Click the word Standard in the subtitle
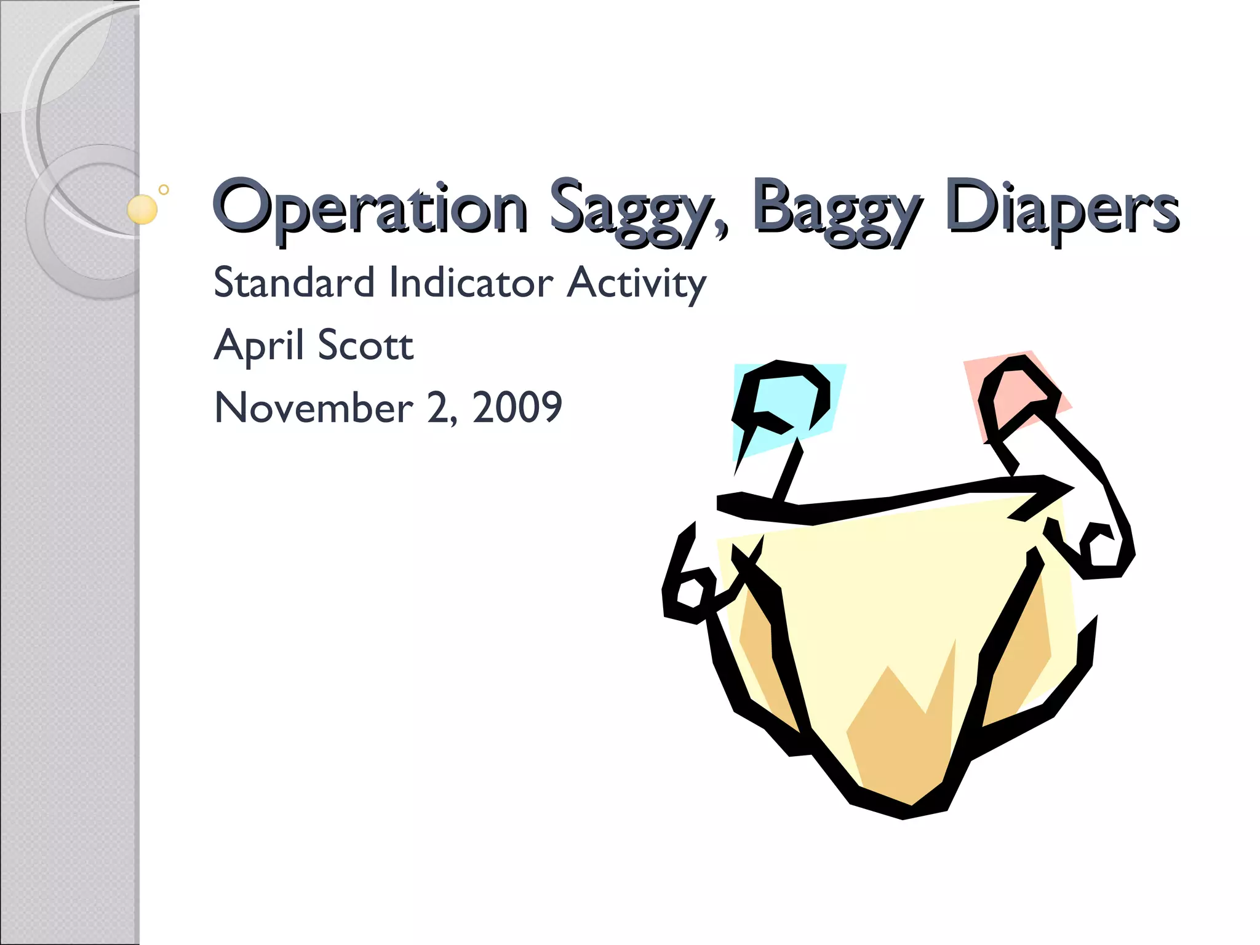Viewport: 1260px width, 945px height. [293, 282]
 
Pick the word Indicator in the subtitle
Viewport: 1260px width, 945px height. [471, 282]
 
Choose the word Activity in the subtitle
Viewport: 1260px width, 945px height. [636, 284]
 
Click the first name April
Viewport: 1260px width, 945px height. [258, 346]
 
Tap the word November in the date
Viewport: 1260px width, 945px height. [314, 407]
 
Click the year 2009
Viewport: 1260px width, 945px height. [517, 407]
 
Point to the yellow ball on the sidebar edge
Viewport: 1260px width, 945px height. [142, 209]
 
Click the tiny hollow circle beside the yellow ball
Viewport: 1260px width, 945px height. [164, 189]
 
